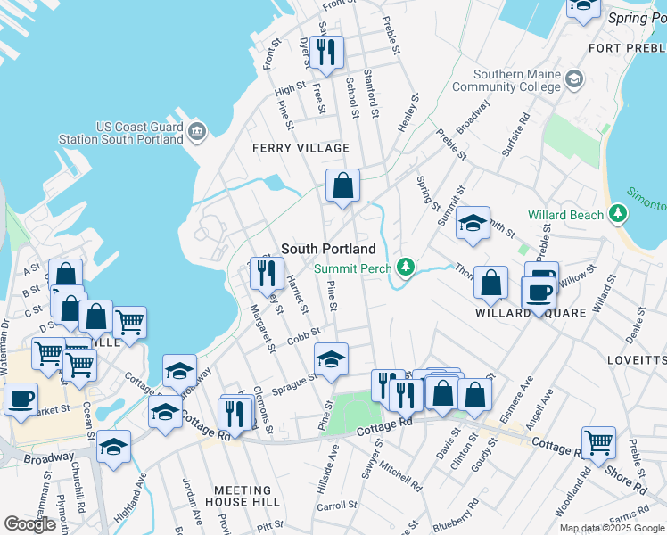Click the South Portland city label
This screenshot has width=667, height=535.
pyautogui.click(x=328, y=249)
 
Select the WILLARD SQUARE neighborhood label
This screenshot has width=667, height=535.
pyautogui.click(x=530, y=313)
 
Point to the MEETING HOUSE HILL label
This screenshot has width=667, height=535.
pyautogui.click(x=243, y=490)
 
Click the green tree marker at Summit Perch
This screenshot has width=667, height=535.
pyautogui.click(x=406, y=267)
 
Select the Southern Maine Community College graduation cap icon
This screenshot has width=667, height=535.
pyautogui.click(x=574, y=79)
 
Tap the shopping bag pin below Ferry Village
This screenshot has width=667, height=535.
pyautogui.click(x=342, y=185)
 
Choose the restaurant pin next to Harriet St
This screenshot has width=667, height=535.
pyautogui.click(x=266, y=273)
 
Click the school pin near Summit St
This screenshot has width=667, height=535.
pyautogui.click(x=473, y=223)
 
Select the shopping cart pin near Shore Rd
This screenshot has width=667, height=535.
pyautogui.click(x=598, y=441)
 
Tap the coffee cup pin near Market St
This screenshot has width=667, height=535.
pyautogui.click(x=21, y=399)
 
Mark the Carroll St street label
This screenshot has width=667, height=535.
pyautogui.click(x=337, y=506)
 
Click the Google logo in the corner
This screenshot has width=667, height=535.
pyautogui.click(x=29, y=524)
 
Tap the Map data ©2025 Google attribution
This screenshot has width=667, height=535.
pyautogui.click(x=612, y=528)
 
